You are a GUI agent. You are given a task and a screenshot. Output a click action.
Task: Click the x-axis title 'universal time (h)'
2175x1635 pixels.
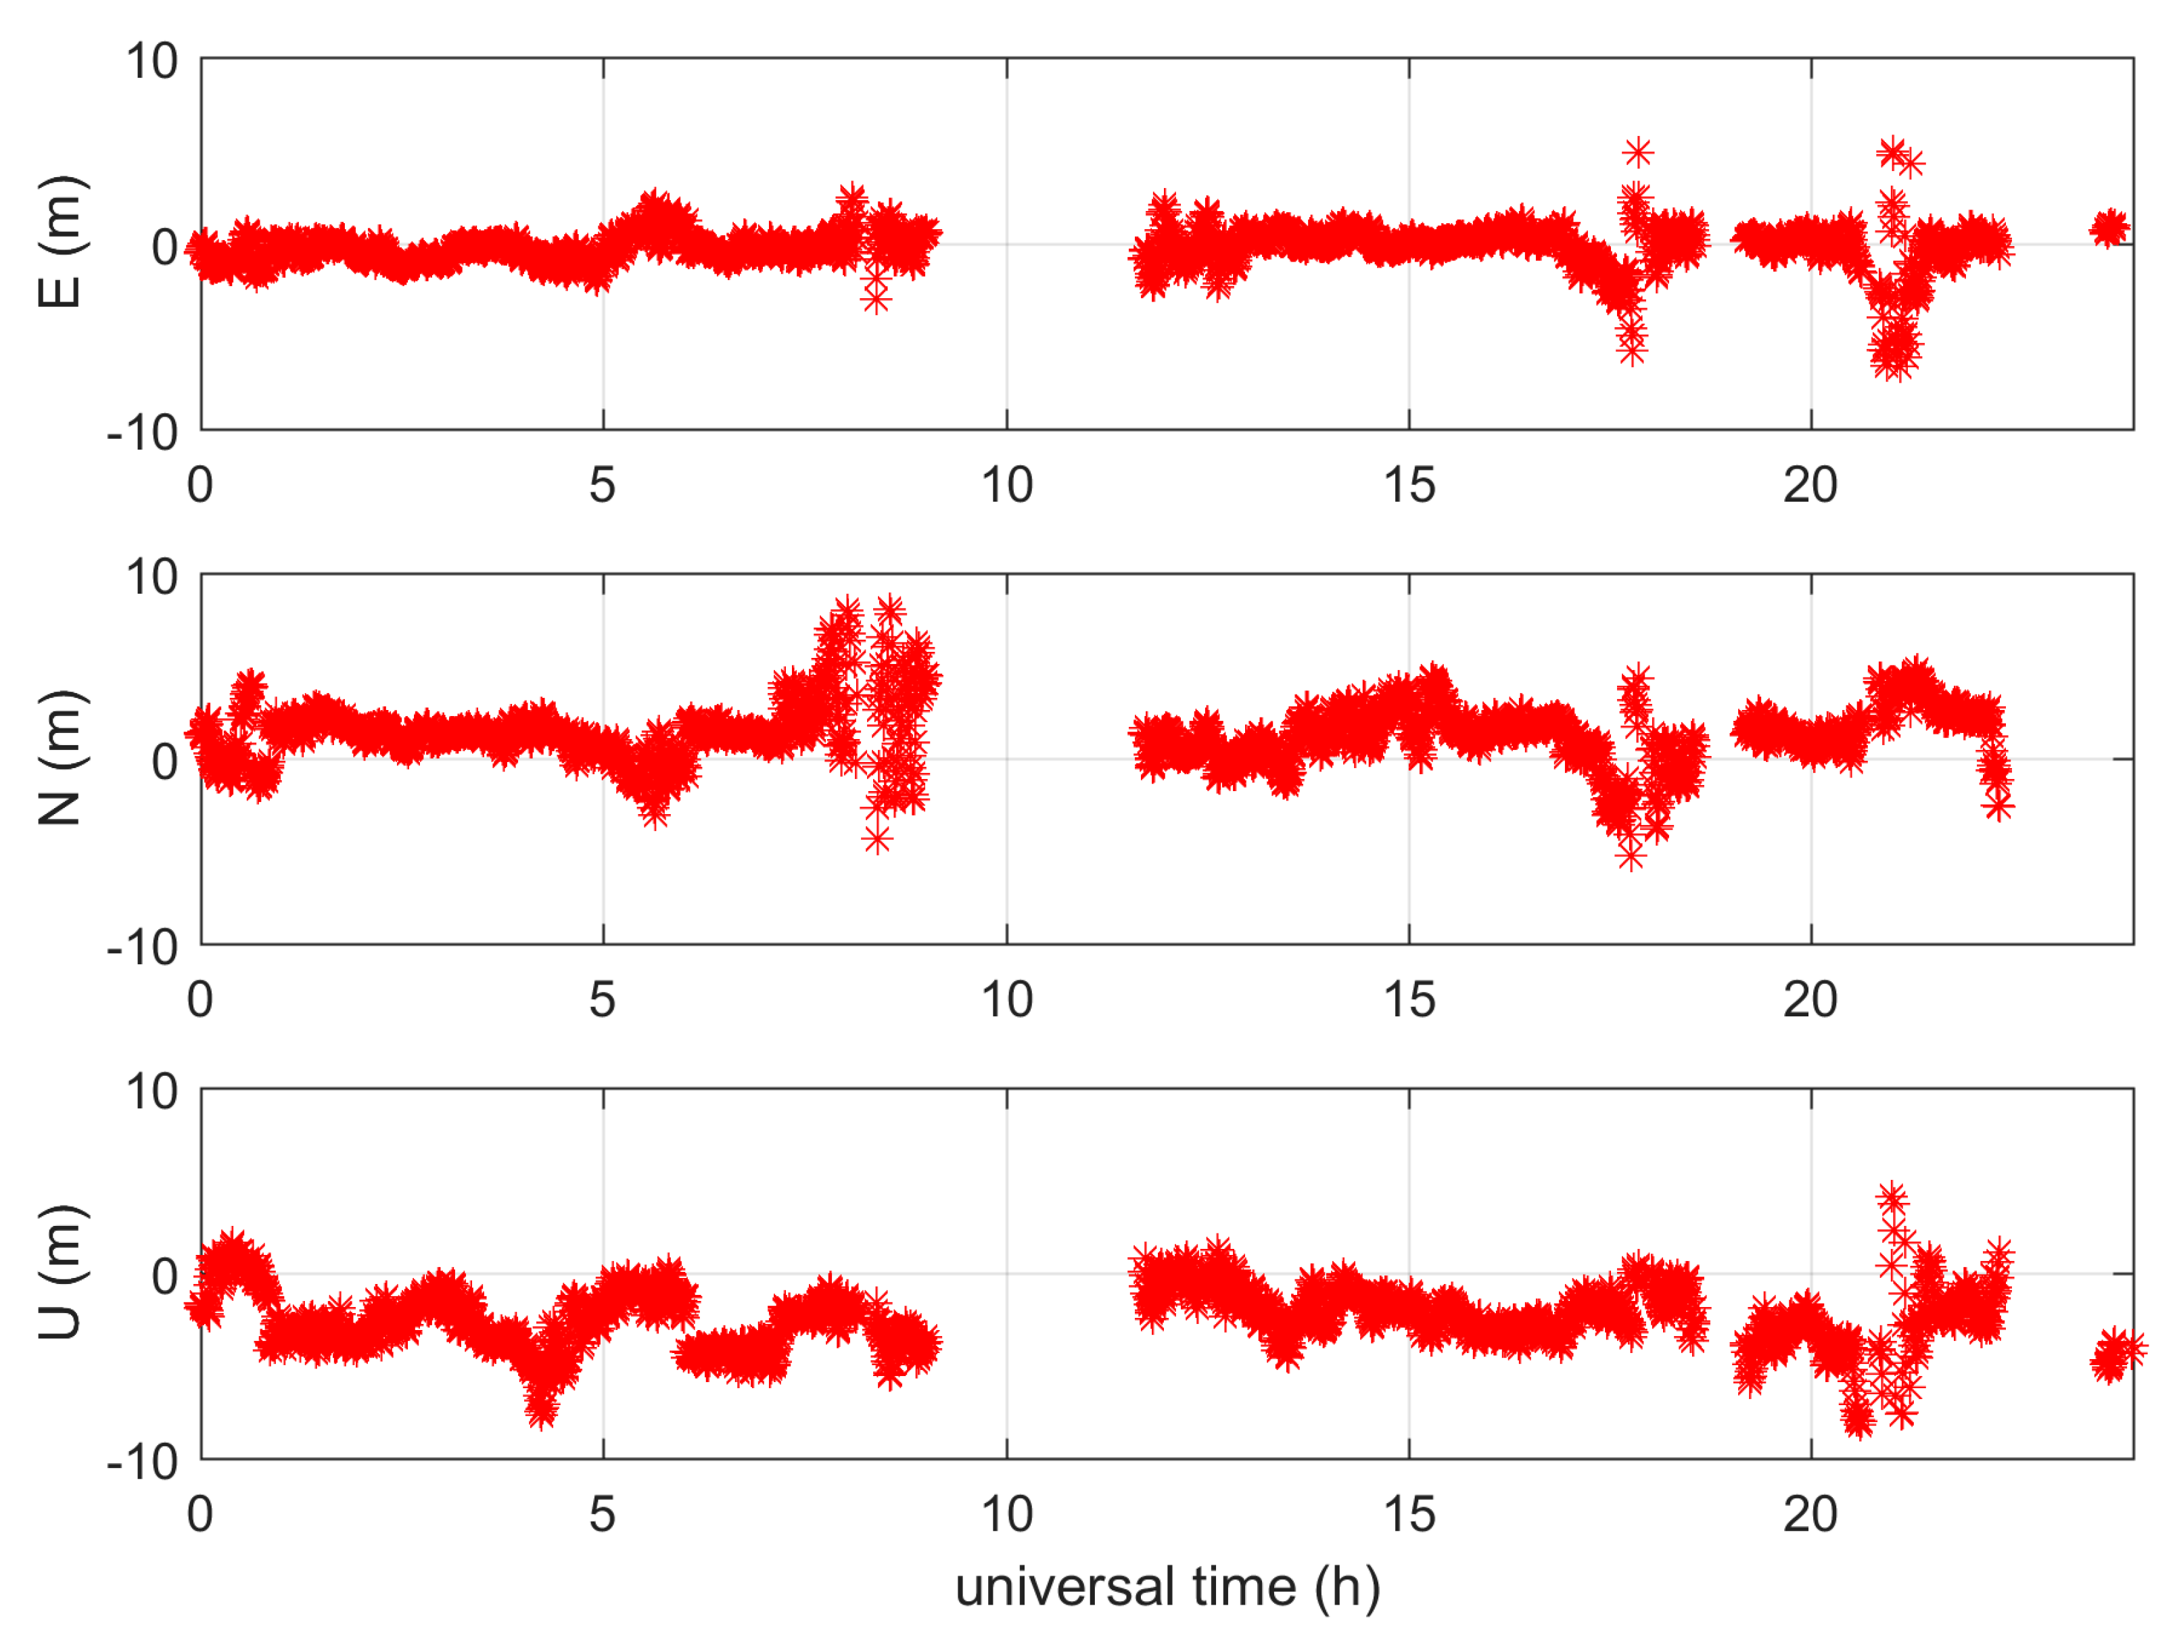(x=1167, y=1587)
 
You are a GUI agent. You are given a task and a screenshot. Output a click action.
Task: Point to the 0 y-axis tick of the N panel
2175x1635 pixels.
(x=164, y=760)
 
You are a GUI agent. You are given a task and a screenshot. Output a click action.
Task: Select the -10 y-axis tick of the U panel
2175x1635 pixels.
(x=143, y=1462)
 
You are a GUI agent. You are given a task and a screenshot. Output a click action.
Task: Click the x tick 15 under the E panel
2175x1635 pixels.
(x=1408, y=485)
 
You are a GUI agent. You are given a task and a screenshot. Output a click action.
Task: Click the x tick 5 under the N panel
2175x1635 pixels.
(x=602, y=1000)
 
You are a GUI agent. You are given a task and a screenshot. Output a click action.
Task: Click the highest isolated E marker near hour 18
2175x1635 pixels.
(x=1637, y=152)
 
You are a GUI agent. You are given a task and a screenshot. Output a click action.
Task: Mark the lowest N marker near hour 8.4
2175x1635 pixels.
(x=877, y=838)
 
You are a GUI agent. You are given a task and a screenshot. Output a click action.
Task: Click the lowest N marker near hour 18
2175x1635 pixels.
(x=1631, y=855)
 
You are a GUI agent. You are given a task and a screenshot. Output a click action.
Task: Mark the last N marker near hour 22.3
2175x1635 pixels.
(x=1998, y=806)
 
